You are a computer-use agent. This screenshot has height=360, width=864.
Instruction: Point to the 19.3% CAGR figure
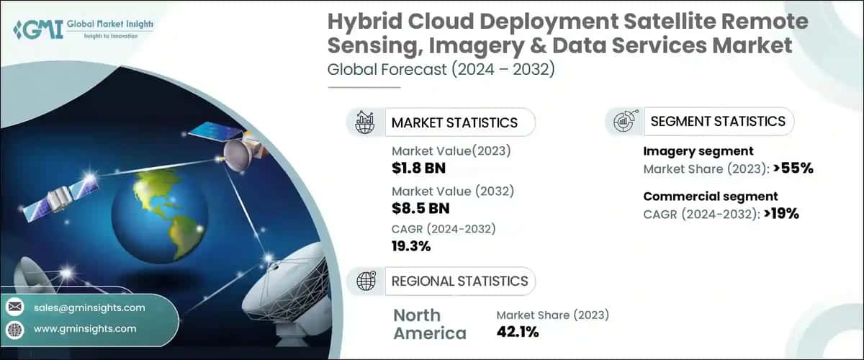coord(411,246)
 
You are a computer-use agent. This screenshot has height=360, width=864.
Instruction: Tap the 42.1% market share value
coord(517,332)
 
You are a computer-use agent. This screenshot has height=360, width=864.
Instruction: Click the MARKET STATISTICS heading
coord(454,122)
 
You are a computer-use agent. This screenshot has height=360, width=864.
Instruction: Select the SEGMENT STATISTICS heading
coord(717,122)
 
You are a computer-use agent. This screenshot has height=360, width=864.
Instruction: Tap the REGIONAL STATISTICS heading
coord(459,281)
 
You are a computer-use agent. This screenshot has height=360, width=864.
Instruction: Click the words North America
coord(430,324)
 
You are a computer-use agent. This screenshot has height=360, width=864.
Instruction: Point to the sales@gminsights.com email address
coord(89,307)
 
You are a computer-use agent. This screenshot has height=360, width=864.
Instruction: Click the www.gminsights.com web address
coord(85,328)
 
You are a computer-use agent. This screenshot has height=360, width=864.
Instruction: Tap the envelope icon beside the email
coord(14,307)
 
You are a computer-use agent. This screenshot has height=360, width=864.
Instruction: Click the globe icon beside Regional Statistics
coord(365,281)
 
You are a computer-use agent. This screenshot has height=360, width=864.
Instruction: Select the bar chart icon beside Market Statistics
coord(365,122)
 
